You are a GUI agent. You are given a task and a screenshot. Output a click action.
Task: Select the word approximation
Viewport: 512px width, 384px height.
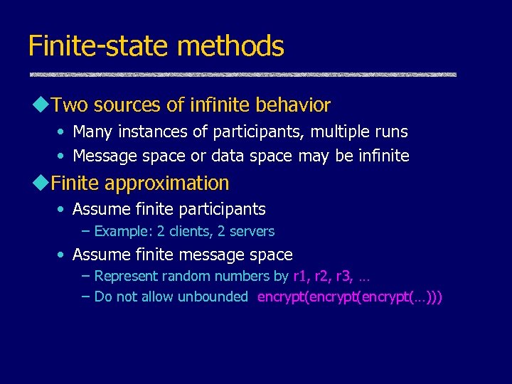point(166,183)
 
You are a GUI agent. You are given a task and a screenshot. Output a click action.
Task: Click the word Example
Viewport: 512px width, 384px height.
point(122,231)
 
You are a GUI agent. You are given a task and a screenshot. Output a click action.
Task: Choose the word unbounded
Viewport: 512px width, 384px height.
point(212,297)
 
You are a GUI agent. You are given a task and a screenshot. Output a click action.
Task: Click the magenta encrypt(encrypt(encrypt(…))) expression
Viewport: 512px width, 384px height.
point(349,297)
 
